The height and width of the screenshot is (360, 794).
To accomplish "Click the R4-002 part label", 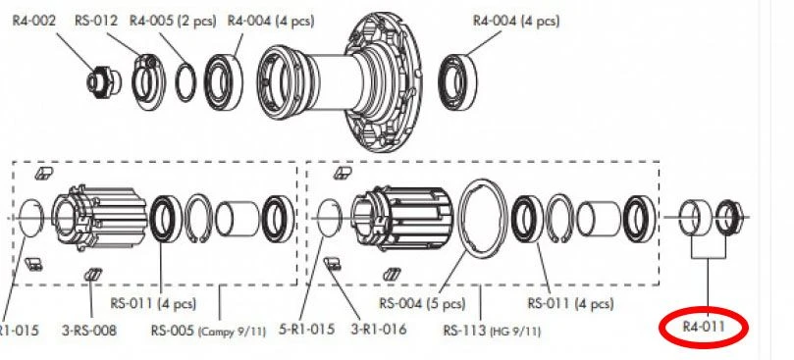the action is click(34, 21).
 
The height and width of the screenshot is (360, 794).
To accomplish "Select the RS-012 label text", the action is click(96, 21).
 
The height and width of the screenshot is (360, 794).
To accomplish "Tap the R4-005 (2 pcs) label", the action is click(173, 21).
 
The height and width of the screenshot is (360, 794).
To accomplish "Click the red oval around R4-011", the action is click(704, 328).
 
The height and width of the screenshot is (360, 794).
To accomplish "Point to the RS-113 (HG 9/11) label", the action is click(492, 331).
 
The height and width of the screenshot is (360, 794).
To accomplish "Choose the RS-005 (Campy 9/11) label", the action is click(208, 331).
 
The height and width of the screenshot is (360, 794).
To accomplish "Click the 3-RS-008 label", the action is click(89, 331).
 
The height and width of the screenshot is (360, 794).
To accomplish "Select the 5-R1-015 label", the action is click(307, 329).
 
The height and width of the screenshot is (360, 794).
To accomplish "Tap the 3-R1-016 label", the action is click(379, 329).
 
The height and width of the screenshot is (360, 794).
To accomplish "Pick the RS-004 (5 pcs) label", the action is click(422, 303).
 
